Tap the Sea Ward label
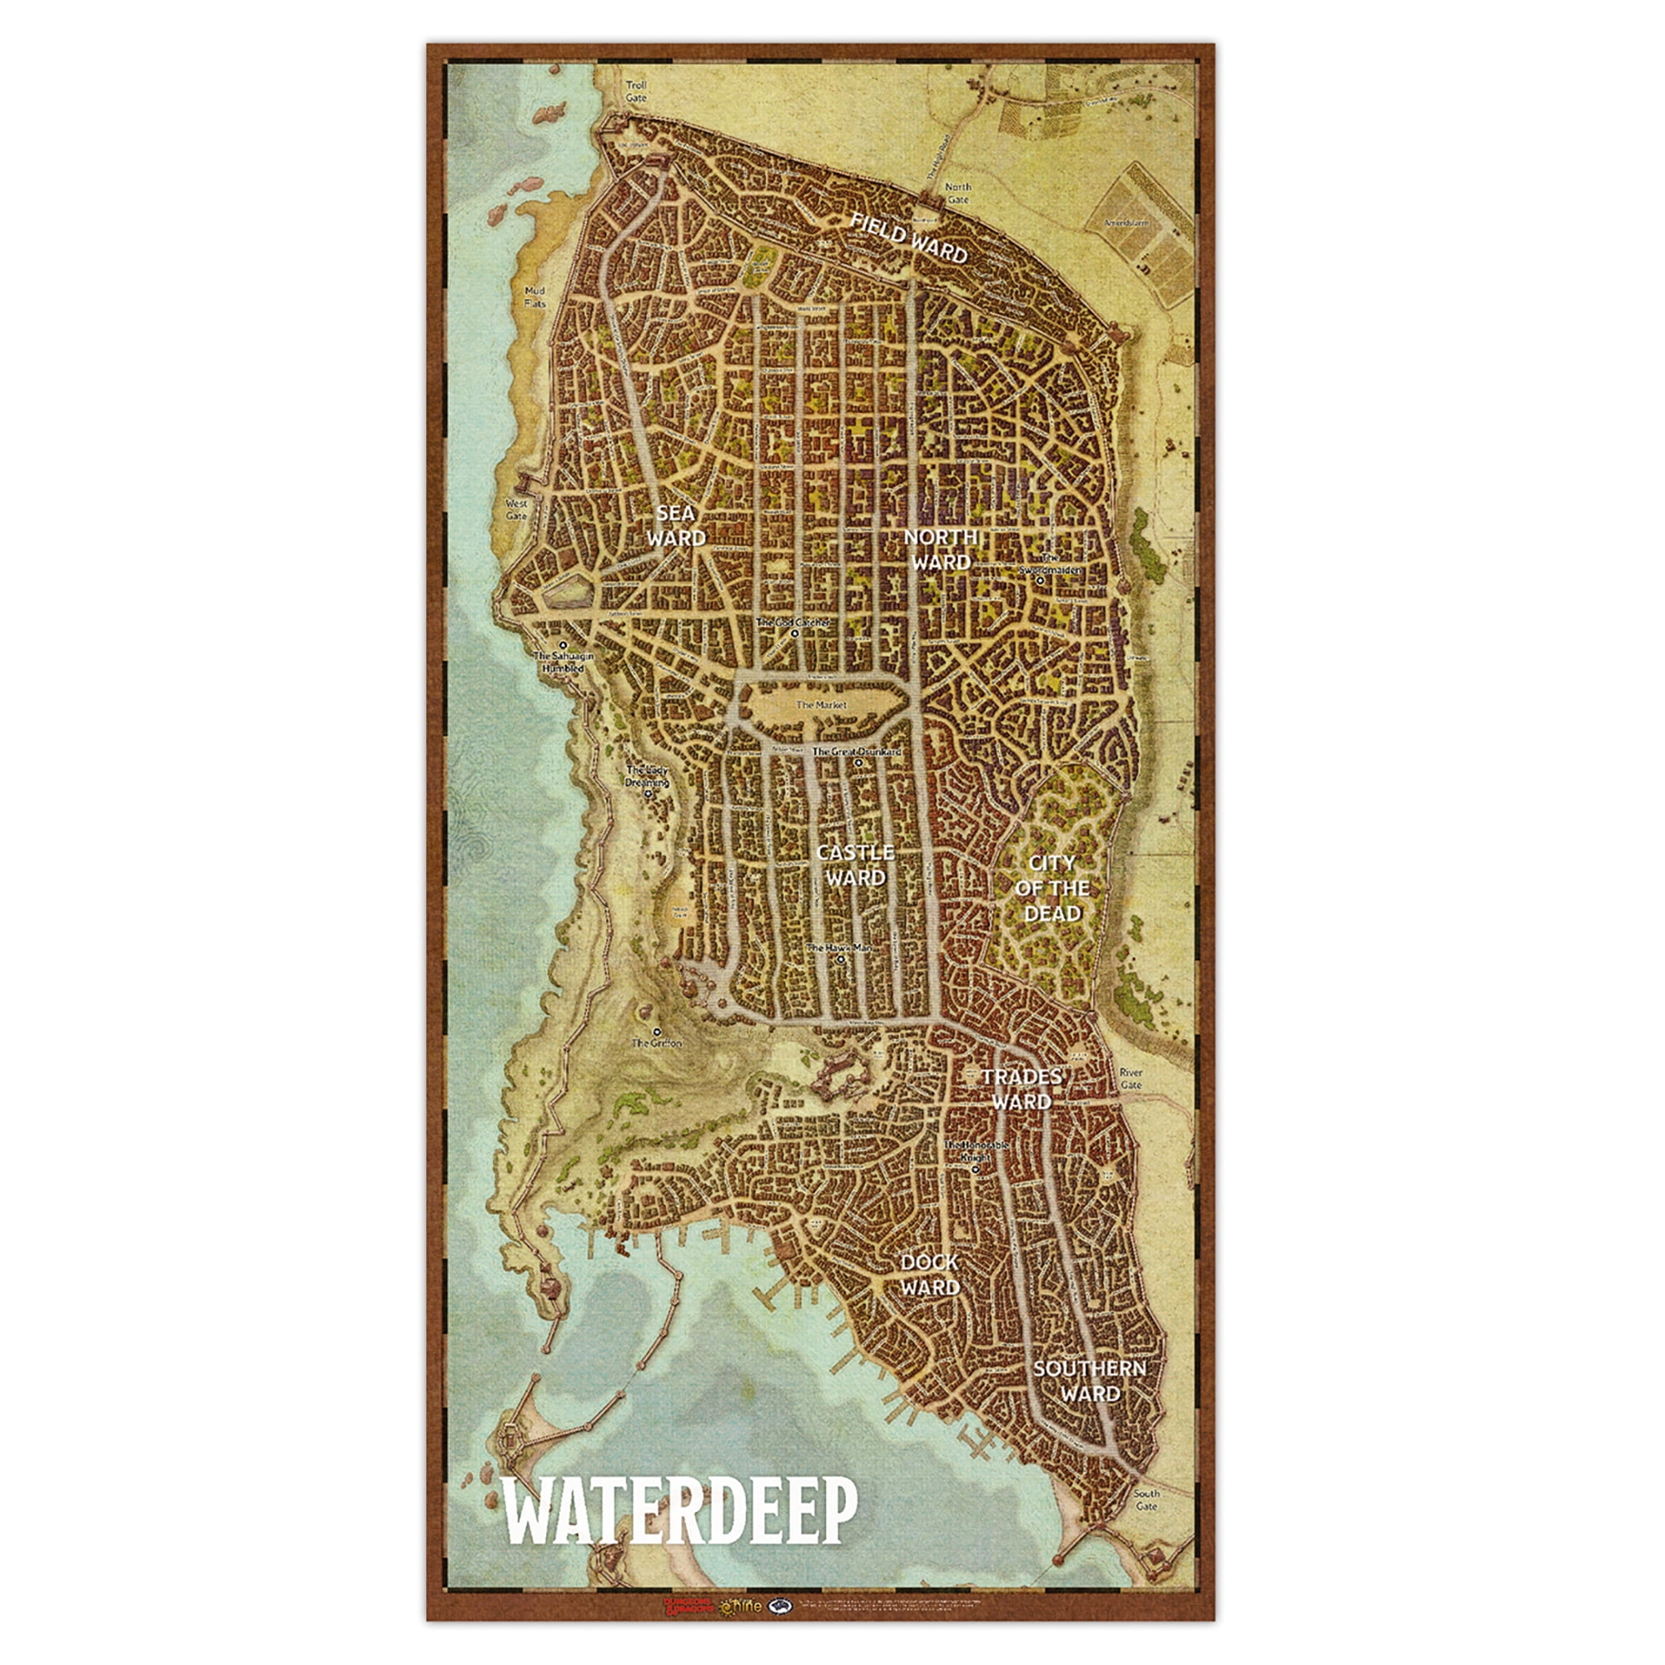pos(677,525)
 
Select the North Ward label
pos(941,549)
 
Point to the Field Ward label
pos(908,237)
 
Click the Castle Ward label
pos(855,865)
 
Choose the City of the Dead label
pos(1052,887)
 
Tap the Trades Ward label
pos(1021,1089)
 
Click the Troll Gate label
pos(636,92)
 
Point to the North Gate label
pos(957,193)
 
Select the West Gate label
pos(516,509)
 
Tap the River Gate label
pos(1131,1079)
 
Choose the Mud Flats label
pos(535,297)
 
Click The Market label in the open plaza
pos(822,705)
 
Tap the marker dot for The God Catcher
pos(794,634)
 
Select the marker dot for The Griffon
pos(657,1031)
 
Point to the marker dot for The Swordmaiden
pos(1040,581)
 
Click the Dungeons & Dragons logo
pos(688,1607)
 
